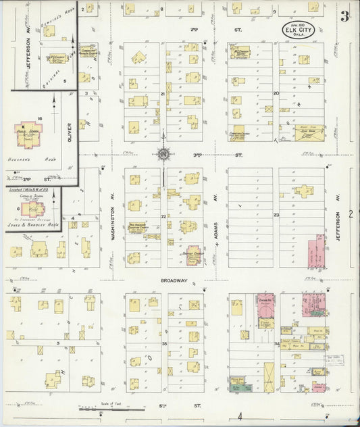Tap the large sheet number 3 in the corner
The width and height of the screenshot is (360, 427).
pos(344,16)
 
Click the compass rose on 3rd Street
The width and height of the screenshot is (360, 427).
pos(163,154)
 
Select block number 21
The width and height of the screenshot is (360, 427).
pos(163,94)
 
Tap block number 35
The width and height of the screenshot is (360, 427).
pos(163,343)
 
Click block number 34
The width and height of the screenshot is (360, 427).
pos(276,343)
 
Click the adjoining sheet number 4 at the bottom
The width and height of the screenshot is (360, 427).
pos(238,415)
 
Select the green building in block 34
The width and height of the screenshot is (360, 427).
pos(236,386)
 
